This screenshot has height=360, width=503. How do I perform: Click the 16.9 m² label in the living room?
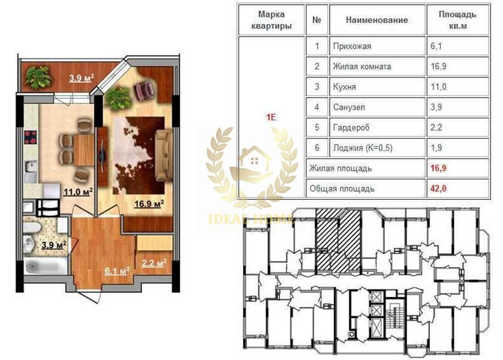[149, 203]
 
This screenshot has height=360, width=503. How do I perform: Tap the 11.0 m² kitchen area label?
[79, 192]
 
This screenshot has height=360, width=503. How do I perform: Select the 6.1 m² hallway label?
[117, 271]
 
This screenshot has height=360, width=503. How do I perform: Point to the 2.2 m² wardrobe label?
[154, 263]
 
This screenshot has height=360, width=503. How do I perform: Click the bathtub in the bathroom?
[45, 266]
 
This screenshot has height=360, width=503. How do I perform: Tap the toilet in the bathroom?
[32, 227]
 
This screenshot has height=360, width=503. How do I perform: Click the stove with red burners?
[31, 137]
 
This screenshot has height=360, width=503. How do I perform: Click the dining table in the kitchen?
[84, 150]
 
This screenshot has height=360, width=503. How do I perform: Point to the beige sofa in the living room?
[164, 155]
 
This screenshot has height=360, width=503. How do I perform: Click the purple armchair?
[145, 90]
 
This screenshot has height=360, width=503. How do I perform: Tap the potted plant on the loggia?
[38, 77]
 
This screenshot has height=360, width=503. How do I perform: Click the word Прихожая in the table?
[352, 46]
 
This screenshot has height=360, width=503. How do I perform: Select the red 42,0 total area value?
[438, 188]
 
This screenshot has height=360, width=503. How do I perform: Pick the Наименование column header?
[377, 20]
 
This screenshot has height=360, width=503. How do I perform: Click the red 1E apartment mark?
[271, 117]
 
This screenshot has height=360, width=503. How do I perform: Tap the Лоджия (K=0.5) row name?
[363, 148]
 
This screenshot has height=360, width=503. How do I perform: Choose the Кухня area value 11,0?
[438, 87]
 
